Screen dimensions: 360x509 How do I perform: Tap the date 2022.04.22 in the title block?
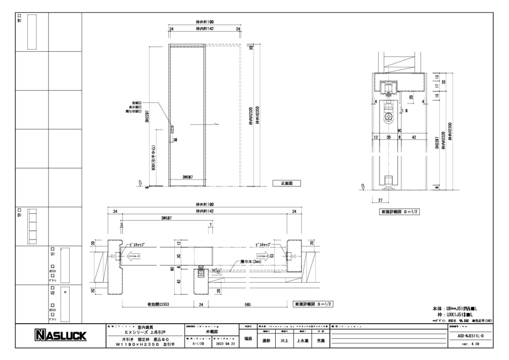[224, 344]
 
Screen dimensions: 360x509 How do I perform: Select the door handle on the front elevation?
[172, 129]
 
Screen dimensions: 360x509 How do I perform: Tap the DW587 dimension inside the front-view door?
[188, 178]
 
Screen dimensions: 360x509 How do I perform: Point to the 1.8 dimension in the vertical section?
[405, 111]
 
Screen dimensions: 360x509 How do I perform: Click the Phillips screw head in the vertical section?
[389, 116]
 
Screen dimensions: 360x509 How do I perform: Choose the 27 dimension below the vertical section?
[380, 200]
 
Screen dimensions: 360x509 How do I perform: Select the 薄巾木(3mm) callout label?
[255, 261]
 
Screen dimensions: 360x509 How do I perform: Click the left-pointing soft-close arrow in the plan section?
[131, 257]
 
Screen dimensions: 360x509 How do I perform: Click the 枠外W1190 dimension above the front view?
[205, 22]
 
